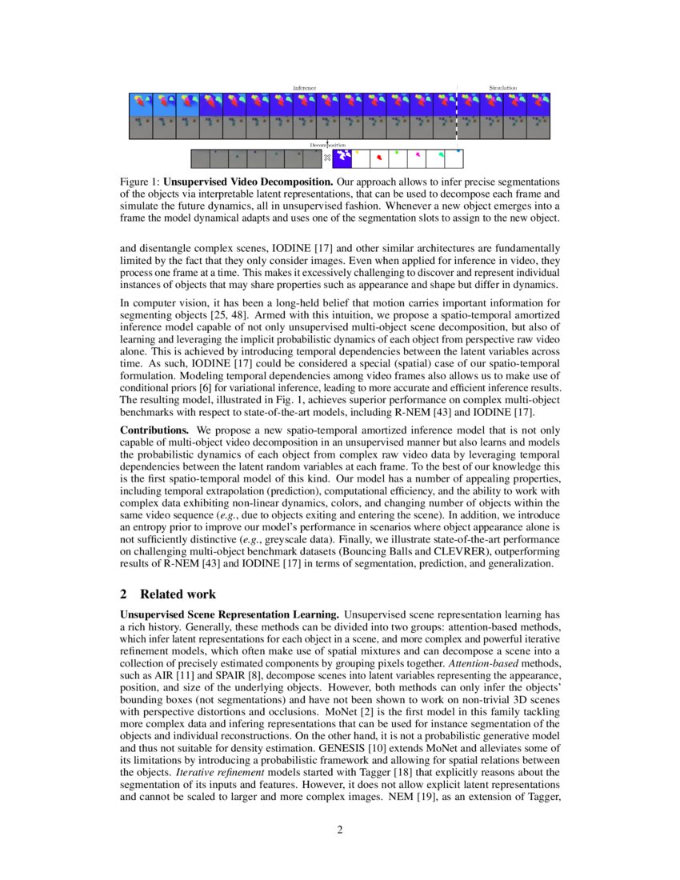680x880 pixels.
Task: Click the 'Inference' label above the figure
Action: (304, 87)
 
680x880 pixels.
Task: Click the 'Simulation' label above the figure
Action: (503, 87)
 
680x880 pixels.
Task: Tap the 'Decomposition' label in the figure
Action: (328, 146)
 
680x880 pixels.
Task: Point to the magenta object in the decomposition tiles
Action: (418, 155)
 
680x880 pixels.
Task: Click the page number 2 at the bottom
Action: (340, 829)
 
